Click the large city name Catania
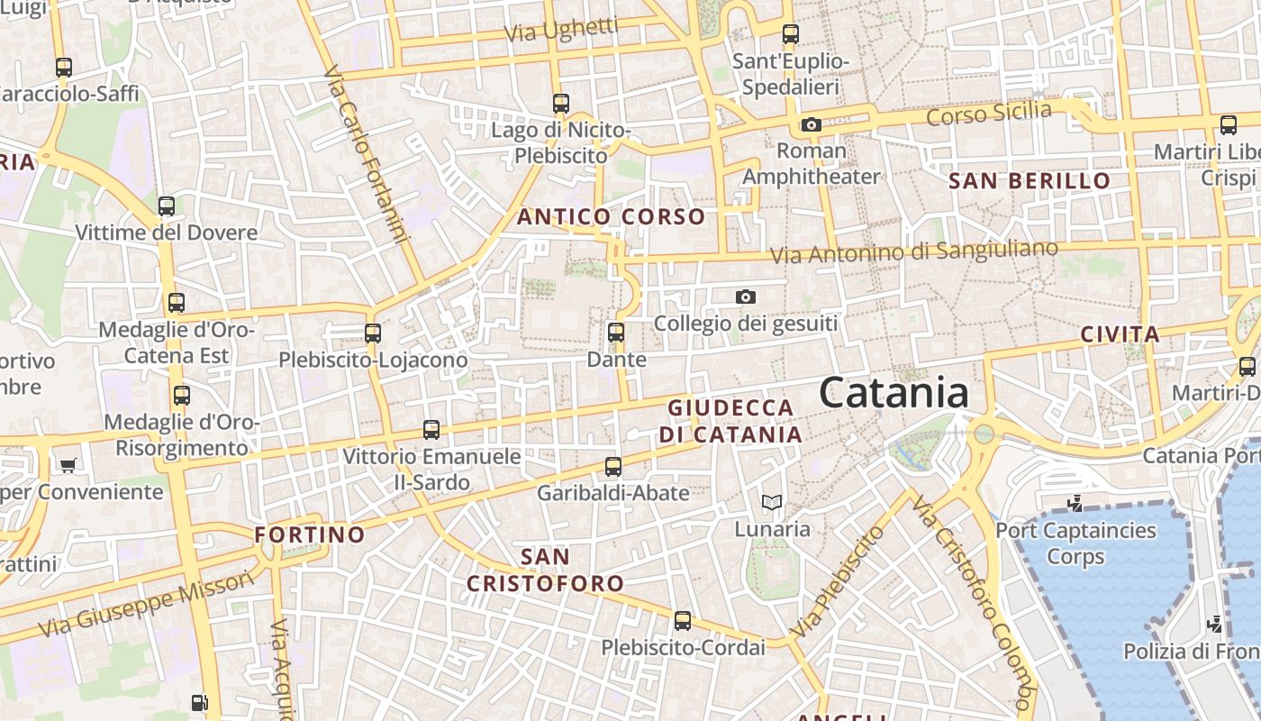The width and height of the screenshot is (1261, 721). pyautogui.click(x=894, y=393)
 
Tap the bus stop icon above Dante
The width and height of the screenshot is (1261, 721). pyautogui.click(x=616, y=333)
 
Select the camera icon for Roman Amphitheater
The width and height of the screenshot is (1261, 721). pyautogui.click(x=812, y=124)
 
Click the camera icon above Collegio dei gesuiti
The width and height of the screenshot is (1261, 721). pyautogui.click(x=746, y=297)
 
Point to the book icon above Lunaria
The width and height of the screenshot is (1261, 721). pyautogui.click(x=772, y=502)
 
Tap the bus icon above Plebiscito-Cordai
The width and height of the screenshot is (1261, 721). pyautogui.click(x=683, y=621)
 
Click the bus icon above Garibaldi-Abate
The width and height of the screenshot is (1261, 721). pyautogui.click(x=613, y=467)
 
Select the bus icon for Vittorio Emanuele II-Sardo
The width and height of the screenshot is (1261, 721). pyautogui.click(x=431, y=430)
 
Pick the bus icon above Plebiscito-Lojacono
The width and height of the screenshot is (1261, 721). pyautogui.click(x=373, y=333)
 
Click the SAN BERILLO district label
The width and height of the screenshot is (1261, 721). pyautogui.click(x=1030, y=180)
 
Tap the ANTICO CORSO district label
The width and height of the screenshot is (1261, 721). pyautogui.click(x=611, y=216)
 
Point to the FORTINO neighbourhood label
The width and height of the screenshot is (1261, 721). pyautogui.click(x=310, y=534)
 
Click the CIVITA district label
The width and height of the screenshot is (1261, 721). pyautogui.click(x=1120, y=334)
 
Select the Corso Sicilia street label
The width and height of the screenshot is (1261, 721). pyautogui.click(x=988, y=114)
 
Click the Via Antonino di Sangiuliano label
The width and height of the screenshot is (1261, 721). pyautogui.click(x=914, y=251)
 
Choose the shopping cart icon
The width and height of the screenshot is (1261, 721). pyautogui.click(x=68, y=465)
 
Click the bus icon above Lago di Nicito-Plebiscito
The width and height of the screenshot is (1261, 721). pyautogui.click(x=561, y=104)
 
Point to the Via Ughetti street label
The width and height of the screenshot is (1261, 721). pyautogui.click(x=561, y=30)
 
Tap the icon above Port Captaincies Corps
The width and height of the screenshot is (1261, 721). pyautogui.click(x=1074, y=503)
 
